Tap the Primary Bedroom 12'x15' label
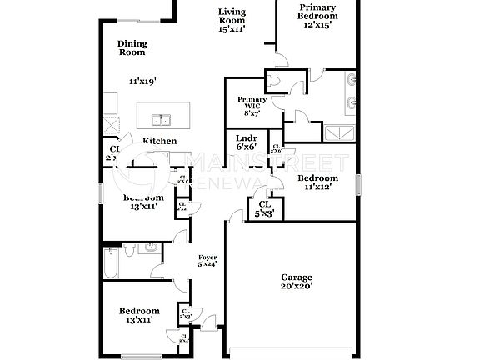[318, 16]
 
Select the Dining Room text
[131, 48]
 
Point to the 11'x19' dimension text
[142, 82]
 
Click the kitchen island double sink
[163, 117]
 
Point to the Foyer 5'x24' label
[207, 260]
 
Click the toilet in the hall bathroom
[130, 249]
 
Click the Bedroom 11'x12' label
[317, 182]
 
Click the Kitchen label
[159, 142]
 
